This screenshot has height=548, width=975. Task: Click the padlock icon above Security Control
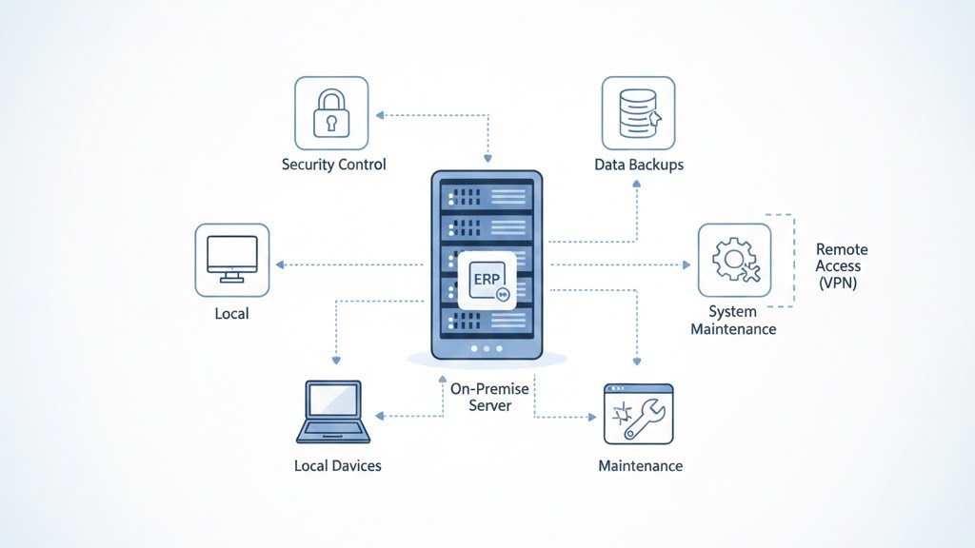(331, 113)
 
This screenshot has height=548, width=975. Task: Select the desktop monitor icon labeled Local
(231, 260)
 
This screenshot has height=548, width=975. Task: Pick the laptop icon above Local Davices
(333, 413)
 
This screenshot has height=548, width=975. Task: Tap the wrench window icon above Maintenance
(638, 414)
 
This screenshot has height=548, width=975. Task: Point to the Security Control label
(333, 165)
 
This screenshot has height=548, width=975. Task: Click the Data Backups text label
(639, 165)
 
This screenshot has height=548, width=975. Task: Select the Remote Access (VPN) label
(841, 266)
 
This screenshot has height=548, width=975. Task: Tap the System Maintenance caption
(733, 321)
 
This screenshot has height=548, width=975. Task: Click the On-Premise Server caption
(489, 398)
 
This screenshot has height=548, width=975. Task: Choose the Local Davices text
(337, 466)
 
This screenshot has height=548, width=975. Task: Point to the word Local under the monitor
(231, 312)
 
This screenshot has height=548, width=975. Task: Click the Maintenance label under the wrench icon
(640, 466)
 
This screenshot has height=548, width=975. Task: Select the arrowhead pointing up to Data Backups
(635, 186)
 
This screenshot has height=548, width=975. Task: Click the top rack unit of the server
(487, 196)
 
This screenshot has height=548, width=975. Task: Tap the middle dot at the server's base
(487, 349)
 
